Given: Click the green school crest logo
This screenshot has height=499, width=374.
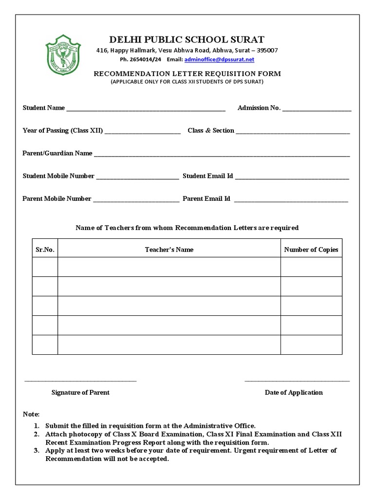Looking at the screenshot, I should pyautogui.click(x=63, y=55).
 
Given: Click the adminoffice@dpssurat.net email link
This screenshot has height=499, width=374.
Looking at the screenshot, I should pyautogui.click(x=219, y=59).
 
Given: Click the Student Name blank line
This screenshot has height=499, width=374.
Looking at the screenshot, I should pyautogui.click(x=146, y=109).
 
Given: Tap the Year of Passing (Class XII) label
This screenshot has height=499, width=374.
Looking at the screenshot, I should pyautogui.click(x=63, y=131).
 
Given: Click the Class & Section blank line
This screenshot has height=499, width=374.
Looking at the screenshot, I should pyautogui.click(x=293, y=132).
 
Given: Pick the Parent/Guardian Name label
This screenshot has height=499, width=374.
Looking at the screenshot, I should pyautogui.click(x=57, y=153).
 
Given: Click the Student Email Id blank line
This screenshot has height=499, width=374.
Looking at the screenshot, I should pyautogui.click(x=292, y=177).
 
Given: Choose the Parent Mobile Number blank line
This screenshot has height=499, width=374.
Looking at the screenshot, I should pyautogui.click(x=136, y=200).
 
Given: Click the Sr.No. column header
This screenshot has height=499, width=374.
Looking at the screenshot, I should pyautogui.click(x=45, y=249).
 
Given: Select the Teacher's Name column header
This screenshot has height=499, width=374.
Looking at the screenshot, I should pyautogui.click(x=169, y=249).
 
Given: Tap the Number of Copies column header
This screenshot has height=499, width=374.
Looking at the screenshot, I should pyautogui.click(x=311, y=249).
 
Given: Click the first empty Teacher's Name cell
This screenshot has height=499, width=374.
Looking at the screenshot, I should pyautogui.click(x=169, y=267).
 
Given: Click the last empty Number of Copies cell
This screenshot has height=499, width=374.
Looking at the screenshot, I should pyautogui.click(x=311, y=345).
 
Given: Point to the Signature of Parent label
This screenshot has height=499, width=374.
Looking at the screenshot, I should pyautogui.click(x=80, y=392).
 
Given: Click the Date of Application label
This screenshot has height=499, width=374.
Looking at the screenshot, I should pyautogui.click(x=294, y=392).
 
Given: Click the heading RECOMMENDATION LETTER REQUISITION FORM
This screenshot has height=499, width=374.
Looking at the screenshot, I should pyautogui.click(x=187, y=74).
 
